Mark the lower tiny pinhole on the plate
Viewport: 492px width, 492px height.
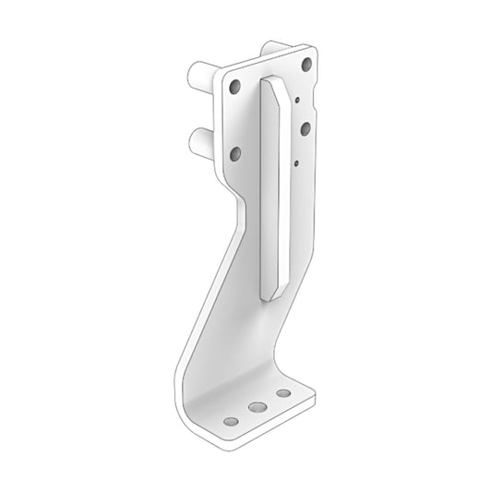point(294,162)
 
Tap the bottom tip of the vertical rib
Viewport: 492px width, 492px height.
point(269,297)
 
